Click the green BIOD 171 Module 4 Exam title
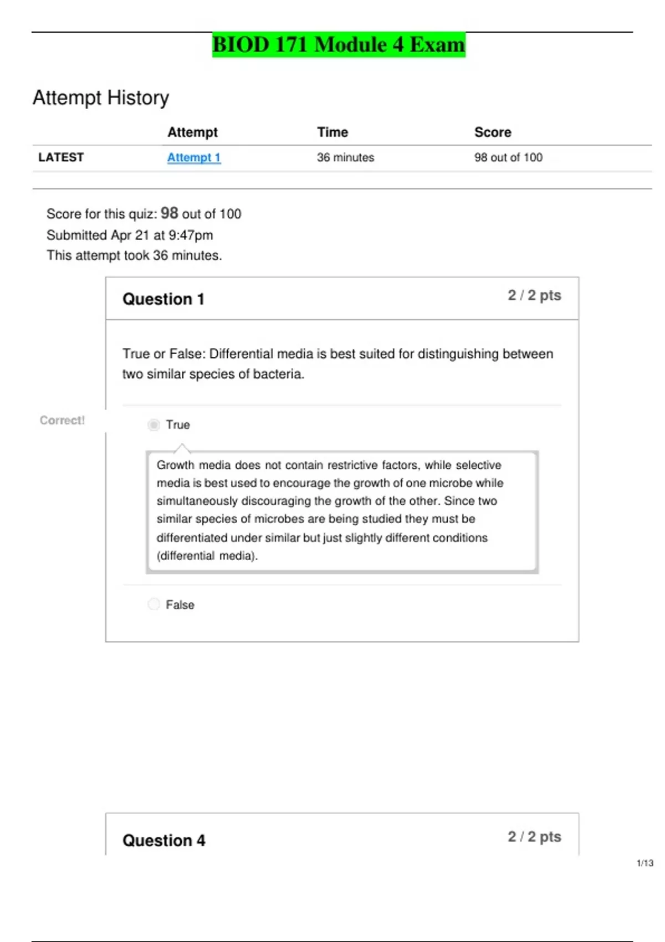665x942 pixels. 339,45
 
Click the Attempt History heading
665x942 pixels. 101,98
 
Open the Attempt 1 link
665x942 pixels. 194,157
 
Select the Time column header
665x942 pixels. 332,132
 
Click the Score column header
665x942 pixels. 493,132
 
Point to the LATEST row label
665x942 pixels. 61,157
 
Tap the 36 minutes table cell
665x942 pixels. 345,157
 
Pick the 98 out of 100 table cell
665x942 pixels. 508,157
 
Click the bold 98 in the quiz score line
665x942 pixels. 170,213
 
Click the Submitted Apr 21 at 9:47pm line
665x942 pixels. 130,235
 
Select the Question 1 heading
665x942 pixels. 163,299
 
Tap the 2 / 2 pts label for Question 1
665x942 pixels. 534,295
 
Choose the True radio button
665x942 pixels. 154,425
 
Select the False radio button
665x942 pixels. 154,604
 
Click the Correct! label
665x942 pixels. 62,420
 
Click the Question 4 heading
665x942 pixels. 163,841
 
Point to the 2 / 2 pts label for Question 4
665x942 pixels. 534,837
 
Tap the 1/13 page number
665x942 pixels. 645,863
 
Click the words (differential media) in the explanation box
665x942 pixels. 207,556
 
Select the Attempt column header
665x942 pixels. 192,132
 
